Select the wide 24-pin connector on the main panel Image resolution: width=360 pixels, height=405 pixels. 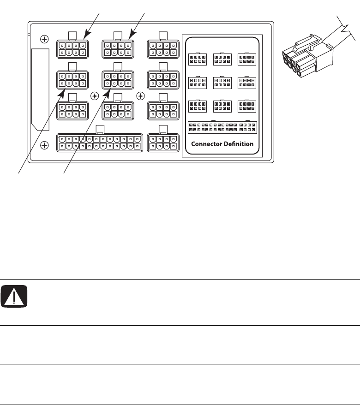tap(99, 143)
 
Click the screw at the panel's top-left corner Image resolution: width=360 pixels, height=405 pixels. tap(44, 39)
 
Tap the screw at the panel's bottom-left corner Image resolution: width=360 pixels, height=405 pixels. tap(44, 145)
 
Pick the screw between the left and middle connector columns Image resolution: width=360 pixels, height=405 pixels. tap(95, 96)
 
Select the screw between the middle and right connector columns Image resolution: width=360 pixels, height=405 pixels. tap(141, 96)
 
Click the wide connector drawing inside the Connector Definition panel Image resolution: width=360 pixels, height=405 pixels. tap(222, 127)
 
